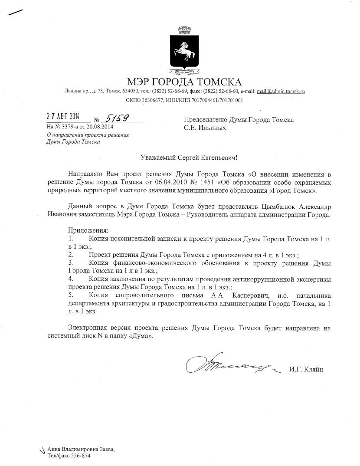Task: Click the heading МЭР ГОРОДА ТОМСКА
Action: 184,82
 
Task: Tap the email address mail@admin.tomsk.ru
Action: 281,92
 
